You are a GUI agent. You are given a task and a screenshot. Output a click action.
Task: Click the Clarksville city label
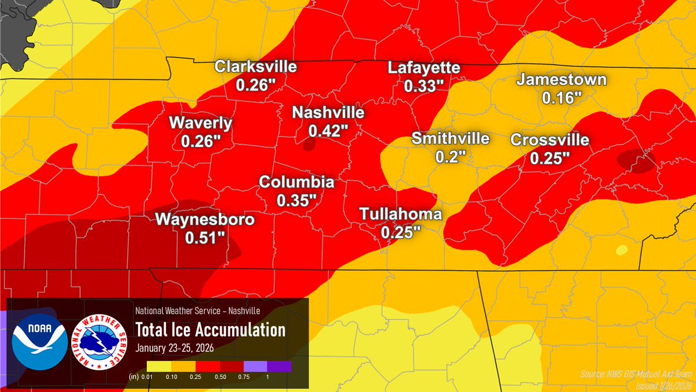point(255,67)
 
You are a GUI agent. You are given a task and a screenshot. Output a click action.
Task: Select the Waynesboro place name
point(204,220)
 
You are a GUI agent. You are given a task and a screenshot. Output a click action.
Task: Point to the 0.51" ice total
point(204,238)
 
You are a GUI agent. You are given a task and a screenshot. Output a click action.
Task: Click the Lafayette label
point(424,68)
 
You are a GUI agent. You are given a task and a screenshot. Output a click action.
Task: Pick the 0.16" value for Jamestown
point(561,98)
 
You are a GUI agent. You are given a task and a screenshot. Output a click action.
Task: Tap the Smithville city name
point(451,139)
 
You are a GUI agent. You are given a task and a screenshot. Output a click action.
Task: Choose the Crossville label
point(549,140)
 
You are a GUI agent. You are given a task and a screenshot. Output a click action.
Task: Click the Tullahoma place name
point(401,214)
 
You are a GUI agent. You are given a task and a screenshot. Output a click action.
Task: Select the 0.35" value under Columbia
point(296,200)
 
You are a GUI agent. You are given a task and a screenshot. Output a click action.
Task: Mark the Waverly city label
point(201,123)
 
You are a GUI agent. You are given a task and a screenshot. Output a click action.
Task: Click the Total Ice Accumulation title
point(210,330)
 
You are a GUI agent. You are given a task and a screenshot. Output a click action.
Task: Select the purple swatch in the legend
point(280,366)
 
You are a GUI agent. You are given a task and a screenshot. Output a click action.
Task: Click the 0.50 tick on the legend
point(219,377)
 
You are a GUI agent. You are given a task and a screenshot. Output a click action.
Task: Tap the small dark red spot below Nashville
point(310,144)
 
